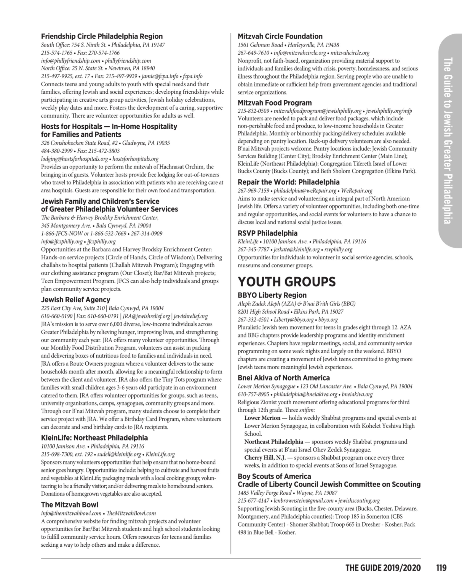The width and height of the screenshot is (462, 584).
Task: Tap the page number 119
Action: coord(441,568)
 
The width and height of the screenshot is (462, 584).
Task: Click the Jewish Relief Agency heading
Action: coord(75,300)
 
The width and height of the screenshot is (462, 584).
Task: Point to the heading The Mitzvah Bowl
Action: coord(69,505)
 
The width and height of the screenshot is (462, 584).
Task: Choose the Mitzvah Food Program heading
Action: coord(275,103)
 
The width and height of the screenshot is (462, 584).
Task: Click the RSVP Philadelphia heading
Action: coord(267,233)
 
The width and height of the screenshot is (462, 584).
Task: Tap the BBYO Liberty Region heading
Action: coord(272,295)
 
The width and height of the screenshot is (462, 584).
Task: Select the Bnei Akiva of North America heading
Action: coord(283,378)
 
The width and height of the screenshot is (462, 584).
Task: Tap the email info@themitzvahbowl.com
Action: coord(71,513)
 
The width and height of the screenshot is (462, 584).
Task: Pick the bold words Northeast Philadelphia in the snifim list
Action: coord(273,441)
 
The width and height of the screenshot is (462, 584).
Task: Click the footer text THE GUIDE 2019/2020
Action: coord(383,568)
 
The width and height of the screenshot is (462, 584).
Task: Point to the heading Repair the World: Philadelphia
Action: coord(288,182)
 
